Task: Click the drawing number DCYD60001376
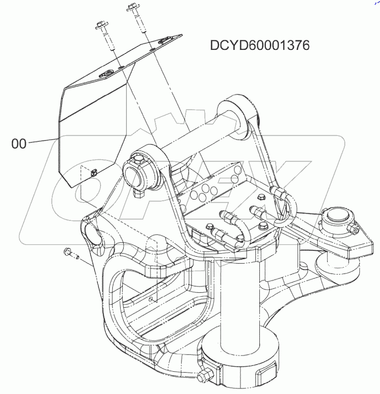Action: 260,46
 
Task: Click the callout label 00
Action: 19,144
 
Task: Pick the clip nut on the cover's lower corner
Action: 92,172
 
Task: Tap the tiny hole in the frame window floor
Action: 151,299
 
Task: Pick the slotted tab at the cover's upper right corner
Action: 165,41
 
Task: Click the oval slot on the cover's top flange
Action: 106,75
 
